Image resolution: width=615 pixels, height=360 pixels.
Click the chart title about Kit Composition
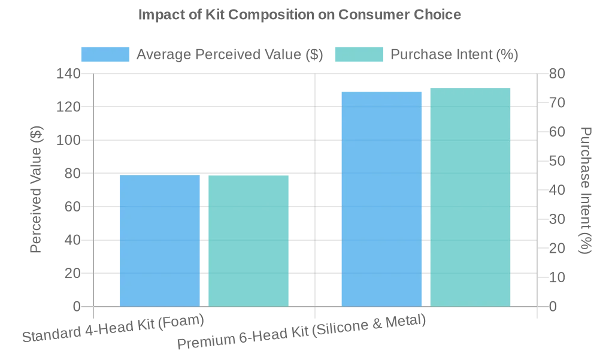299,14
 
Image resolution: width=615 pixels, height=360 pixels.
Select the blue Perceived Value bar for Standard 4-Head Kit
159,241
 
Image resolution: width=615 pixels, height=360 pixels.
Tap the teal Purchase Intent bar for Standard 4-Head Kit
249,241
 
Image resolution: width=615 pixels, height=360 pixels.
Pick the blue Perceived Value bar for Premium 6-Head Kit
381,199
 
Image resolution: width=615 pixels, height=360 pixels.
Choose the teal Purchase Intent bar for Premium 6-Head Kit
470,198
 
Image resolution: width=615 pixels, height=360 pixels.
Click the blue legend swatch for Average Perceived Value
105,55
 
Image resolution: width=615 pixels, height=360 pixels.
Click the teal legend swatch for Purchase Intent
359,55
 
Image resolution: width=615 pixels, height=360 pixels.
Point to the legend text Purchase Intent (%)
454,55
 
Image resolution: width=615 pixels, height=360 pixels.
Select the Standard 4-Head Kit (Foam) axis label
113,328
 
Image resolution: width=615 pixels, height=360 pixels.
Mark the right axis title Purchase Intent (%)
586,190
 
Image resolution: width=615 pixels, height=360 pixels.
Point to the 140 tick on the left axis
68,74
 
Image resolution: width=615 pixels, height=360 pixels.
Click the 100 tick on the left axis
68,140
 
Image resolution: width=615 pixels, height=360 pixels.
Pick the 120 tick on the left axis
68,107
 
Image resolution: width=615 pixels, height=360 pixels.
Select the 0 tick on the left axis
77,307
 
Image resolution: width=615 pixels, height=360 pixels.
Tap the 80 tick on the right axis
557,74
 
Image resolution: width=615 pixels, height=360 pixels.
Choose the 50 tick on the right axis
557,161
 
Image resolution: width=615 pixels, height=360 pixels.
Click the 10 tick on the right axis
557,277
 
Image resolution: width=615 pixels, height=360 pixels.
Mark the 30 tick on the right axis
557,219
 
